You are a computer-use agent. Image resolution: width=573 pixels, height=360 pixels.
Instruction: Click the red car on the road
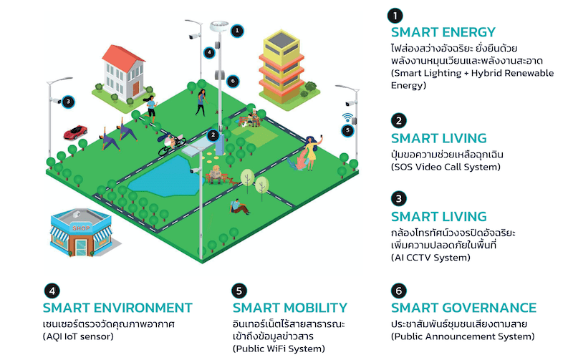coord(75,133)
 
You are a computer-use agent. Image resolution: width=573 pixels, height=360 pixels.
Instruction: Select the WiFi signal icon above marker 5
coord(348,117)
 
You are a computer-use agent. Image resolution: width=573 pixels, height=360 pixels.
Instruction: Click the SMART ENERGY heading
coord(443,32)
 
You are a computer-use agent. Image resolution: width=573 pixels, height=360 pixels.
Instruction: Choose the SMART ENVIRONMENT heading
coord(117,308)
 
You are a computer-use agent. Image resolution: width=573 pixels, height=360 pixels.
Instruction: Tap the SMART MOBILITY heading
coord(289,308)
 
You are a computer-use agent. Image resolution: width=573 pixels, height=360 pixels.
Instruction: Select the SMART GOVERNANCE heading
coord(463,308)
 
